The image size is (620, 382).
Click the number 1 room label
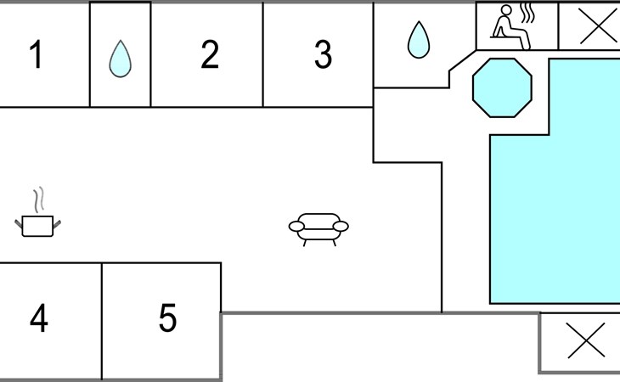(36, 54)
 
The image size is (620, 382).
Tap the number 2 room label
(210, 54)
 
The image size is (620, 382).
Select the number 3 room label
(323, 54)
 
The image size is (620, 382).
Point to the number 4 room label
(39, 317)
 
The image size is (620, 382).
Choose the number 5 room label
(167, 317)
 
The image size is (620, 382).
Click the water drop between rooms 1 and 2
(121, 59)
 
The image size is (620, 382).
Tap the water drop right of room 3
(419, 40)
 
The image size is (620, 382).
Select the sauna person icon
(511, 27)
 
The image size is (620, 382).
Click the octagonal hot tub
(502, 87)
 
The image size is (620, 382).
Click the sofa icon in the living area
(318, 229)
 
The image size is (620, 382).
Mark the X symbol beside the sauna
(598, 26)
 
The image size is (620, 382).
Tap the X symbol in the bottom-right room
(586, 340)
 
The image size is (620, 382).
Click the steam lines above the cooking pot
(39, 199)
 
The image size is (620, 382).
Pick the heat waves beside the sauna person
(527, 14)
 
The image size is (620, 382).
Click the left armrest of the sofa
(296, 227)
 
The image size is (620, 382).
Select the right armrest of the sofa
(341, 227)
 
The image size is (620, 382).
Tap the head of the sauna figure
(506, 10)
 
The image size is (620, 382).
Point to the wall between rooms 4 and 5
(102, 321)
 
